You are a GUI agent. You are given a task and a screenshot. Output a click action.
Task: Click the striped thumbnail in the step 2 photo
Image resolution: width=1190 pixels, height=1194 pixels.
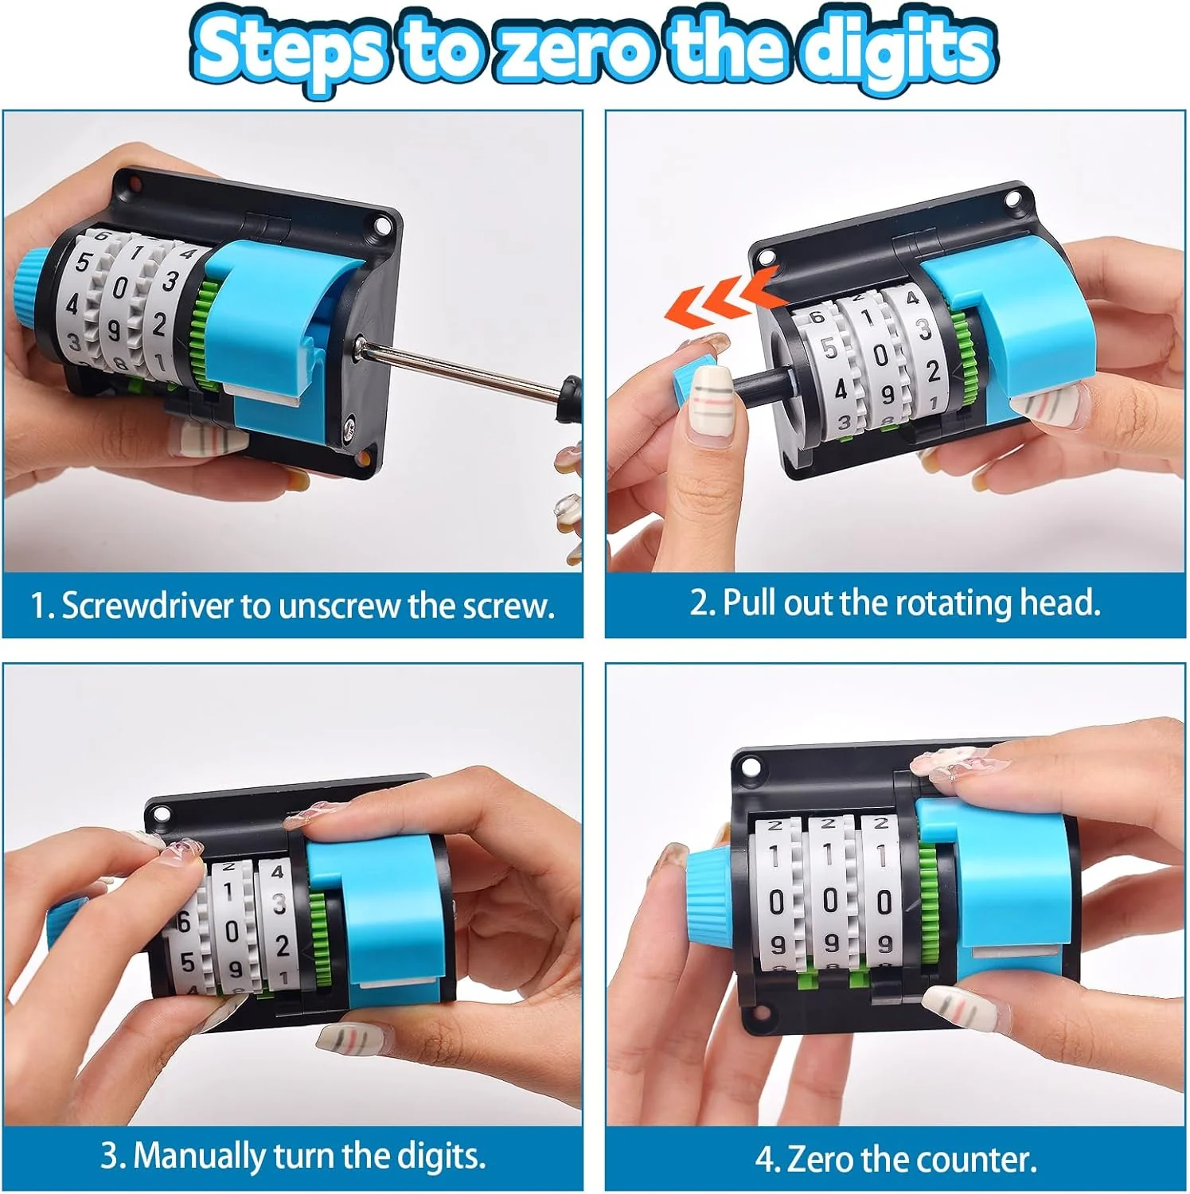pyautogui.click(x=713, y=398)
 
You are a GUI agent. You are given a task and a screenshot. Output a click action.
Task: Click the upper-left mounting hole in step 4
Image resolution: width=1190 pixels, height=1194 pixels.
pyautogui.click(x=748, y=769)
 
